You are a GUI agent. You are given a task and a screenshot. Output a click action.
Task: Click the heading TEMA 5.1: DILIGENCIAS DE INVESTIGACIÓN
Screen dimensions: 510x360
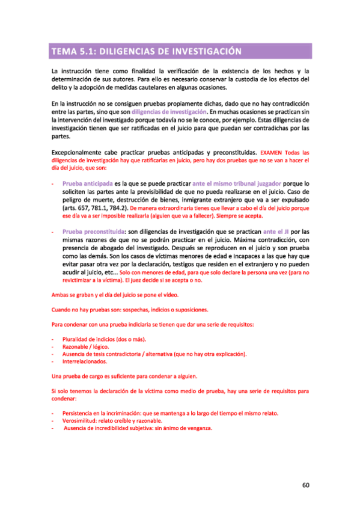click(x=147, y=51)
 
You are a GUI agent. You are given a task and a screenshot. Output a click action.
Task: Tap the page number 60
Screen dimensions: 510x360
click(x=305, y=485)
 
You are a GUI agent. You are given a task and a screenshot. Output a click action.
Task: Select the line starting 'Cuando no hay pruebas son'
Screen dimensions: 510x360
click(x=130, y=310)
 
